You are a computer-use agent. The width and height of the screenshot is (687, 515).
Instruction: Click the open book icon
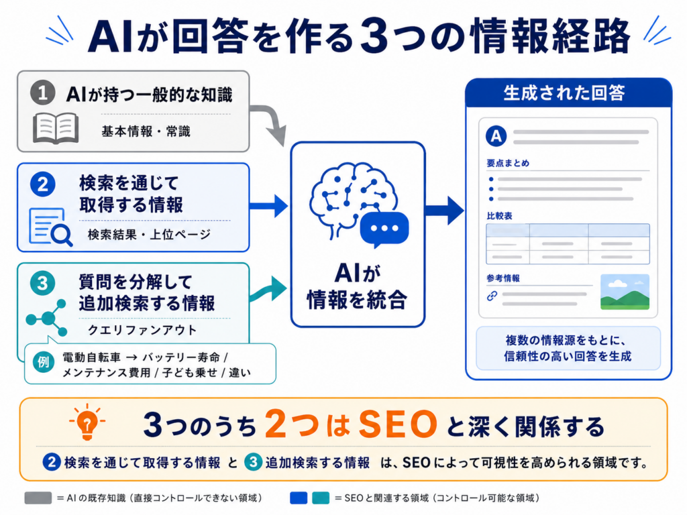(56, 128)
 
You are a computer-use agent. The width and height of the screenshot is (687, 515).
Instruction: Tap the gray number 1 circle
(42, 93)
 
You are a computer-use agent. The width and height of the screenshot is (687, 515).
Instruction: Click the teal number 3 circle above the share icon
(42, 283)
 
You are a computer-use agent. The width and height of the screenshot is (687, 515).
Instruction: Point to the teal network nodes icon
(46, 318)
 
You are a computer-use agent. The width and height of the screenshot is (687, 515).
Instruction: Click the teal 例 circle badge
(44, 362)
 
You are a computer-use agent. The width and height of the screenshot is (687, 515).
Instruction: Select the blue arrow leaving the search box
(268, 206)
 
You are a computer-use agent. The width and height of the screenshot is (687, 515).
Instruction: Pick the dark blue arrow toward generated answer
(444, 210)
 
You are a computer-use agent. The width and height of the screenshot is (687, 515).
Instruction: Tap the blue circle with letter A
(496, 135)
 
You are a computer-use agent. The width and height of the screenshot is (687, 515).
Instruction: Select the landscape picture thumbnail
(625, 292)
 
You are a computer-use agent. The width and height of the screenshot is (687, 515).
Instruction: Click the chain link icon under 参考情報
(492, 296)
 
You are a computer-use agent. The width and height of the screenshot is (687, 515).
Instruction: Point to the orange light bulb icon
(87, 422)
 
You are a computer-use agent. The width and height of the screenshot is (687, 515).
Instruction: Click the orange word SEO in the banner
(397, 424)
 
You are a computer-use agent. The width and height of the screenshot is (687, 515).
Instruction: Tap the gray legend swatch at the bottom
(38, 498)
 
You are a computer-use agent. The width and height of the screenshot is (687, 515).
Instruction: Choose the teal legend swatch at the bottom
(320, 498)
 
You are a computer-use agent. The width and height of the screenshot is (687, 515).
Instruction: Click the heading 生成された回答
(564, 93)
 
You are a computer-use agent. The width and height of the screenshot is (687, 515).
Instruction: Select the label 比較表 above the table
(499, 216)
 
